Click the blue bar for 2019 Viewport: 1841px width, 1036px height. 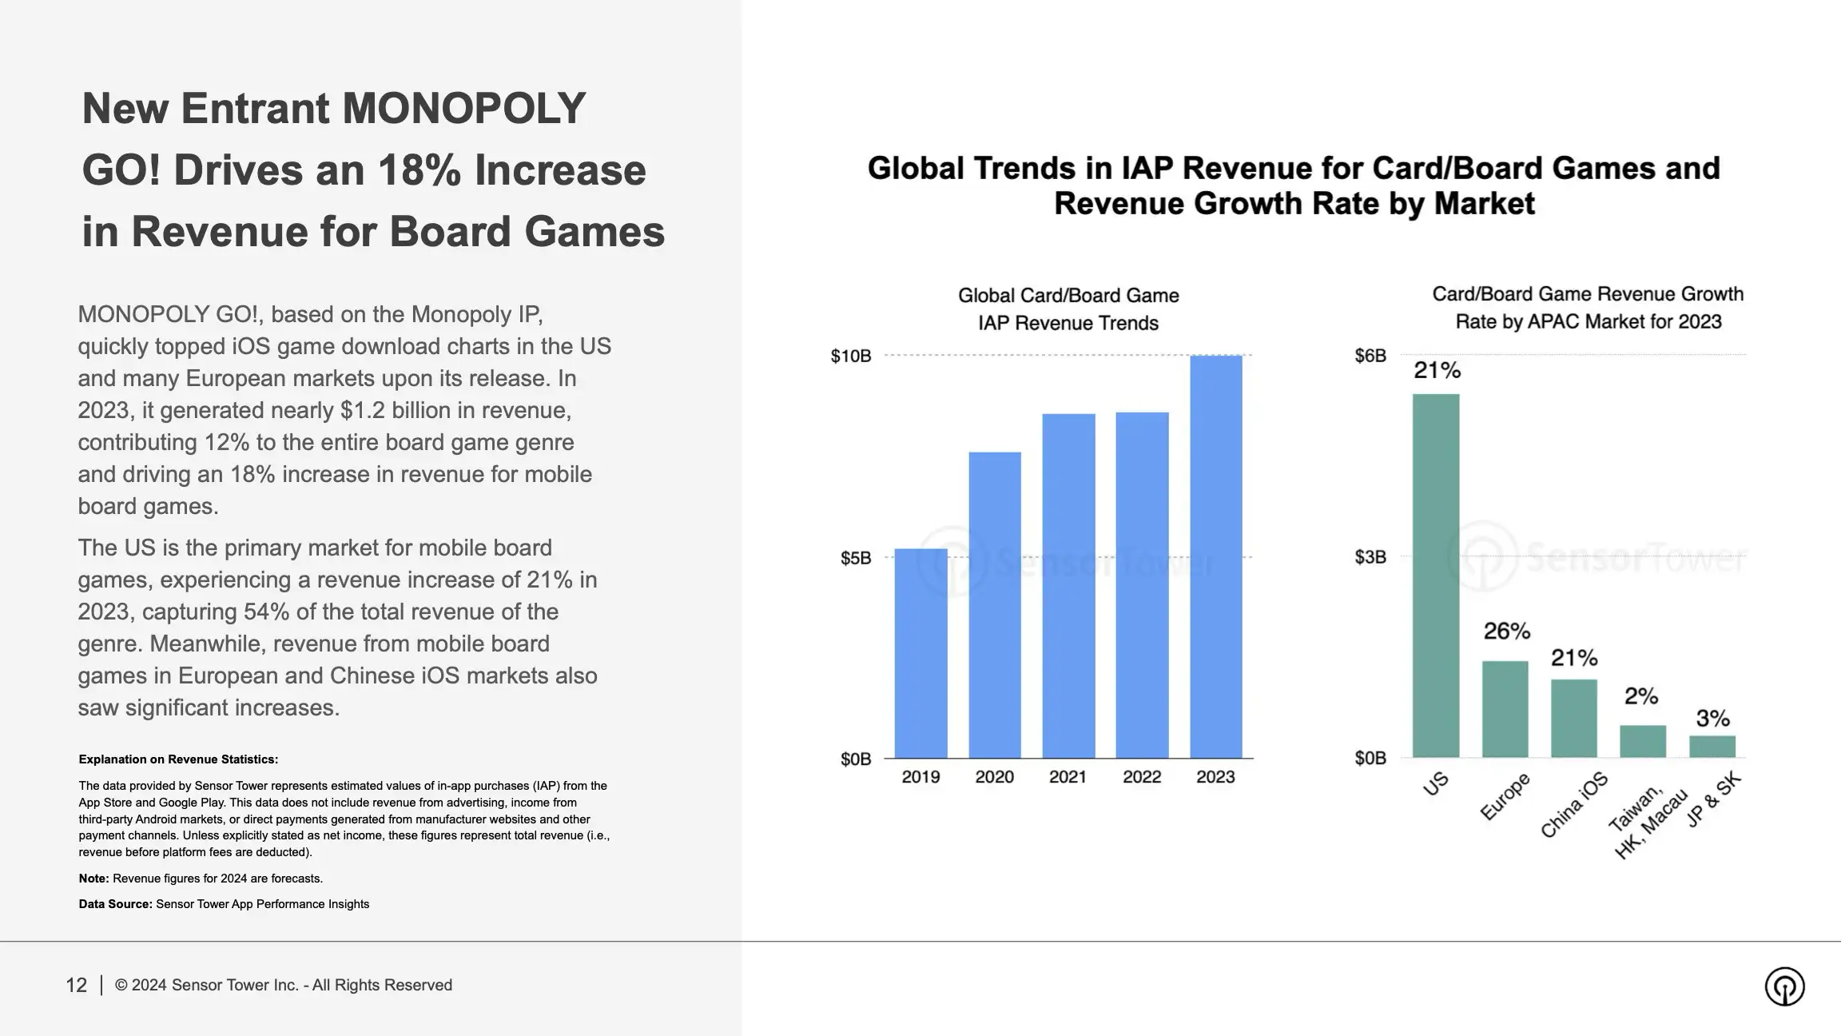click(920, 653)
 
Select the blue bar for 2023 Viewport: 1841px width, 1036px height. click(1215, 556)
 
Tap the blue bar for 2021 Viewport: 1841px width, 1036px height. click(1068, 585)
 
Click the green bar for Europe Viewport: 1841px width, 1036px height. click(1505, 709)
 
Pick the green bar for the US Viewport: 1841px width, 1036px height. click(1435, 576)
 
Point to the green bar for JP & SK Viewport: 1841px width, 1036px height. click(1712, 747)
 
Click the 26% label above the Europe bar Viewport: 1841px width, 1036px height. click(1506, 632)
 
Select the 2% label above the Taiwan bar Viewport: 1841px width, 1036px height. click(1641, 696)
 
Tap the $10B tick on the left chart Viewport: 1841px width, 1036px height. click(850, 356)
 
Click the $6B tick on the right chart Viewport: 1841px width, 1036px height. click(1370, 356)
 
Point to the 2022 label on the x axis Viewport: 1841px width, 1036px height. click(1141, 777)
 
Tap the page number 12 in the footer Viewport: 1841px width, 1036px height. click(76, 985)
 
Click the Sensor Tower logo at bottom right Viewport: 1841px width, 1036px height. click(1784, 986)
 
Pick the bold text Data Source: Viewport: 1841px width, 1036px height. click(115, 904)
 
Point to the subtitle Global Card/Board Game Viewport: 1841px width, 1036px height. click(1068, 296)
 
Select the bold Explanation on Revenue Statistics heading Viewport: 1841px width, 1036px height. click(178, 759)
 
